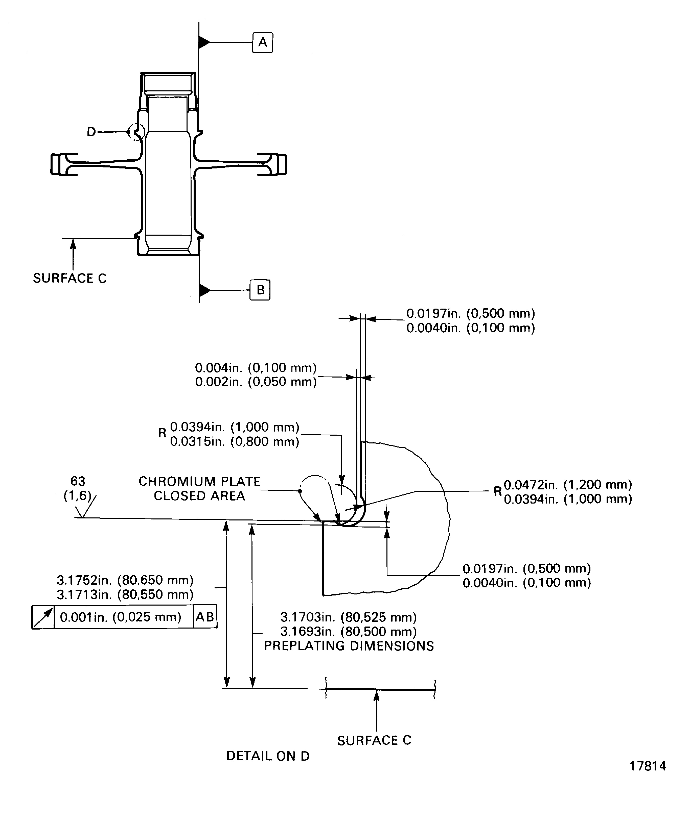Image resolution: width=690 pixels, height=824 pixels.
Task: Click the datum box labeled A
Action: (x=262, y=42)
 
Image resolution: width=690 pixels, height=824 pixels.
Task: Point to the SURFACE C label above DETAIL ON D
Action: (x=374, y=740)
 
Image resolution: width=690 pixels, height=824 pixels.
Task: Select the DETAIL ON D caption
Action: (x=268, y=756)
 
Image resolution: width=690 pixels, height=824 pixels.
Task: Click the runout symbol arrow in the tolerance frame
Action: (x=43, y=617)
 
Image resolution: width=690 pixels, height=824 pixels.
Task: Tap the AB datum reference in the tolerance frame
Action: (x=205, y=617)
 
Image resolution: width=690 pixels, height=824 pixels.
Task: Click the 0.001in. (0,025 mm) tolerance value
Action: (x=120, y=617)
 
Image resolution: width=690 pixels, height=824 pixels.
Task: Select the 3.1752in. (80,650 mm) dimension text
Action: (x=125, y=580)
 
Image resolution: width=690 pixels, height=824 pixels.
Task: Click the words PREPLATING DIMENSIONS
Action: (x=349, y=646)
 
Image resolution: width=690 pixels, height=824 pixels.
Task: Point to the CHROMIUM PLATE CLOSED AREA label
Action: (x=199, y=488)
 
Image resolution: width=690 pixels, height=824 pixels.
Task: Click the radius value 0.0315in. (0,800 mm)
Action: (x=235, y=442)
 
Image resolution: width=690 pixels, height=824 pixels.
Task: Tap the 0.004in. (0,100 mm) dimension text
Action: (x=256, y=368)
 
